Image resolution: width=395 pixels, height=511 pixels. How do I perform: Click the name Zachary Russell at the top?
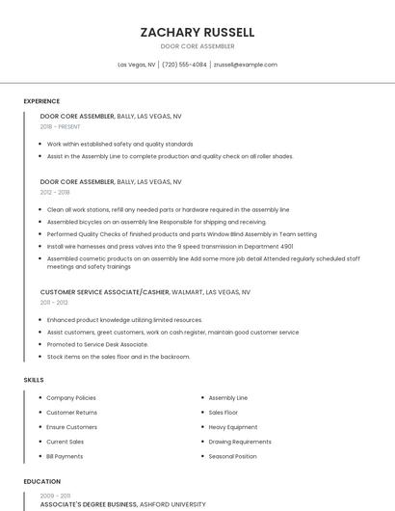[x=197, y=32]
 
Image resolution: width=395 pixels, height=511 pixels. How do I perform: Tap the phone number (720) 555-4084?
[x=184, y=65]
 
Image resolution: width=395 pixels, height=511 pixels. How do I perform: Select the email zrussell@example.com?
[x=245, y=65]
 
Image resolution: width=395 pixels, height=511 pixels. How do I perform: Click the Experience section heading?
[x=41, y=101]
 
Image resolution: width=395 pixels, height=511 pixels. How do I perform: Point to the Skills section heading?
[x=34, y=380]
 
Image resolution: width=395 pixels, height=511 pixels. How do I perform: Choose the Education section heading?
[x=41, y=481]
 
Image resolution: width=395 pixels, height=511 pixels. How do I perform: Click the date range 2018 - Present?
[x=60, y=126]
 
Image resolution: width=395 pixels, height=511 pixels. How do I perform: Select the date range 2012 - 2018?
[x=55, y=192]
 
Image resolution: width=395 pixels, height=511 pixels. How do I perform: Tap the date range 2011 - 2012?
[x=54, y=302]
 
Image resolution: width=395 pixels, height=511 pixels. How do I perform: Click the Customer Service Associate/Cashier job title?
[x=105, y=291]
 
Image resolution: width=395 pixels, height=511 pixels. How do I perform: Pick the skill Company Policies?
[x=71, y=397]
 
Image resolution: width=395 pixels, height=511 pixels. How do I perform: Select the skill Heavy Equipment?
[x=233, y=427]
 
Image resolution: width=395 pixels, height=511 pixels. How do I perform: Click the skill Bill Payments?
[x=65, y=456]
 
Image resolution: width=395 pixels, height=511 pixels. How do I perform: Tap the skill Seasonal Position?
[x=232, y=456]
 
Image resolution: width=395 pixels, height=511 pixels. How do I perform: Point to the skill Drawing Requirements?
[x=240, y=442]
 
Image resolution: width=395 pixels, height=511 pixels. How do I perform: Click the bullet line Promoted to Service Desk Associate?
[x=97, y=344]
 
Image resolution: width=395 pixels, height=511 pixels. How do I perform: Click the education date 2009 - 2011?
[x=55, y=494]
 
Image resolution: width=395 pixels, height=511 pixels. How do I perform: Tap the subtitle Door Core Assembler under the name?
[x=197, y=46]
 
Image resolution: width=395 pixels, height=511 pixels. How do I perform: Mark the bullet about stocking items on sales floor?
[x=118, y=357]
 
